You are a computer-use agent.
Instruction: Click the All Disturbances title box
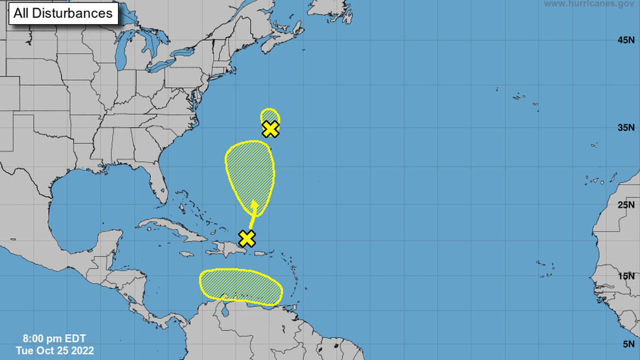coord(63,13)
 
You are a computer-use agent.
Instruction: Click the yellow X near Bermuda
coord(271,129)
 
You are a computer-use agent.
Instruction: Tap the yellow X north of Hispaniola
coord(247,238)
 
